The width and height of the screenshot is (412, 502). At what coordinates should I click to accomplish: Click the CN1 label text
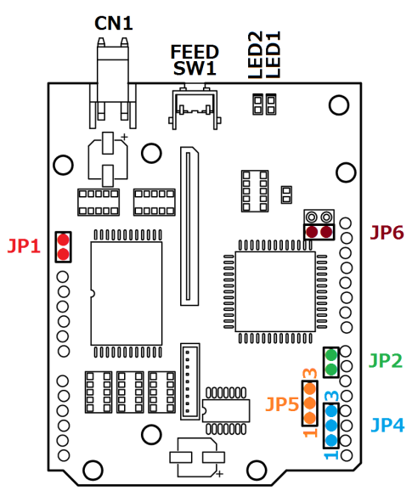[x=114, y=24]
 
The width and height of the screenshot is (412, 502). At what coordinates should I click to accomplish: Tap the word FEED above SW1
[x=195, y=52]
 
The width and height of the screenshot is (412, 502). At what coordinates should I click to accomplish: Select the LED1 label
[x=273, y=54]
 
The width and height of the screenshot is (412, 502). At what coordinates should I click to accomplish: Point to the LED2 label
[x=256, y=54]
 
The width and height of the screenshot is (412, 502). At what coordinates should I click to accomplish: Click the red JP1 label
[x=24, y=246]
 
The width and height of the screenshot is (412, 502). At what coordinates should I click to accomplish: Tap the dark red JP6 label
[x=387, y=233]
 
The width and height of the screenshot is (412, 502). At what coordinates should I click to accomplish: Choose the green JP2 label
[x=386, y=361]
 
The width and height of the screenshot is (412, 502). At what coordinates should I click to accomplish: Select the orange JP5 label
[x=282, y=404]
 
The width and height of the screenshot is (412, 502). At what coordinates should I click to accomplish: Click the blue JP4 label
[x=387, y=426]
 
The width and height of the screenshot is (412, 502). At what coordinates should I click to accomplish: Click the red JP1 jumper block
[x=63, y=247]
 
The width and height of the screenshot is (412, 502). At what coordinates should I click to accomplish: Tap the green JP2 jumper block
[x=331, y=363]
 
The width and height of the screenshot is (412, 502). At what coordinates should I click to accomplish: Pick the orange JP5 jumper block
[x=309, y=403]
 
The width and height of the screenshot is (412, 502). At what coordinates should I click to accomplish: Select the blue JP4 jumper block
[x=331, y=426]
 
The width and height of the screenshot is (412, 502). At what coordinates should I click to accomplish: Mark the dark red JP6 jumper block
[x=319, y=232]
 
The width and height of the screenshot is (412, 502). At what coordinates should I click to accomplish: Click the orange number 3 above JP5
[x=310, y=373]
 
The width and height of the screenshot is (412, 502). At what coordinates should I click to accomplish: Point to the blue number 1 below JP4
[x=331, y=454]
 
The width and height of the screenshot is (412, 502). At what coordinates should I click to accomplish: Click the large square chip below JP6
[x=275, y=291]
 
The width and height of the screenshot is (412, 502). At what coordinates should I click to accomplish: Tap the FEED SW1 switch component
[x=195, y=107]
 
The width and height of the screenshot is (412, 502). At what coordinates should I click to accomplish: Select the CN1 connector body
[x=113, y=83]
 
